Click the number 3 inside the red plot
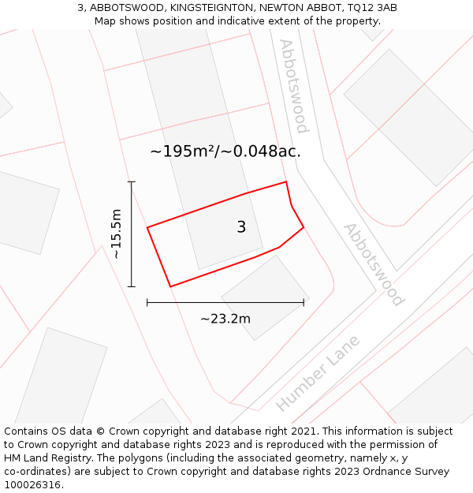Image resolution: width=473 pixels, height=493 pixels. (x=241, y=227)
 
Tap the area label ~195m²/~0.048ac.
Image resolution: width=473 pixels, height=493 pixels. (x=225, y=151)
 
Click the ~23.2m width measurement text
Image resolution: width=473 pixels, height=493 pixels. (x=225, y=319)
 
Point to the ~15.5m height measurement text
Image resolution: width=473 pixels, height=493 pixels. (x=116, y=234)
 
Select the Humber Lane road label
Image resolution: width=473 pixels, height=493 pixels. (x=318, y=373)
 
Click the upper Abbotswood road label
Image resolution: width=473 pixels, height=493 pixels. (x=293, y=86)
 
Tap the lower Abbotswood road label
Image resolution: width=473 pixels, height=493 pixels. (x=373, y=264)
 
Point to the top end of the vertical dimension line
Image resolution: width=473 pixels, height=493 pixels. (x=132, y=182)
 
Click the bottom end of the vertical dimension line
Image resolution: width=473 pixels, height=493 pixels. (x=132, y=286)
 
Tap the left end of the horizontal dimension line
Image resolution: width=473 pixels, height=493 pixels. (x=147, y=302)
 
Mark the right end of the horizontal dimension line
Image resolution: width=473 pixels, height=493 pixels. (x=304, y=302)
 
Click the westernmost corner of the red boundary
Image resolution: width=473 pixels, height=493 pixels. (x=147, y=228)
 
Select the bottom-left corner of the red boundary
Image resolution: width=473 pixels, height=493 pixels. (x=170, y=286)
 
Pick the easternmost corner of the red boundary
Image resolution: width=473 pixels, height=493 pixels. (x=304, y=227)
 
